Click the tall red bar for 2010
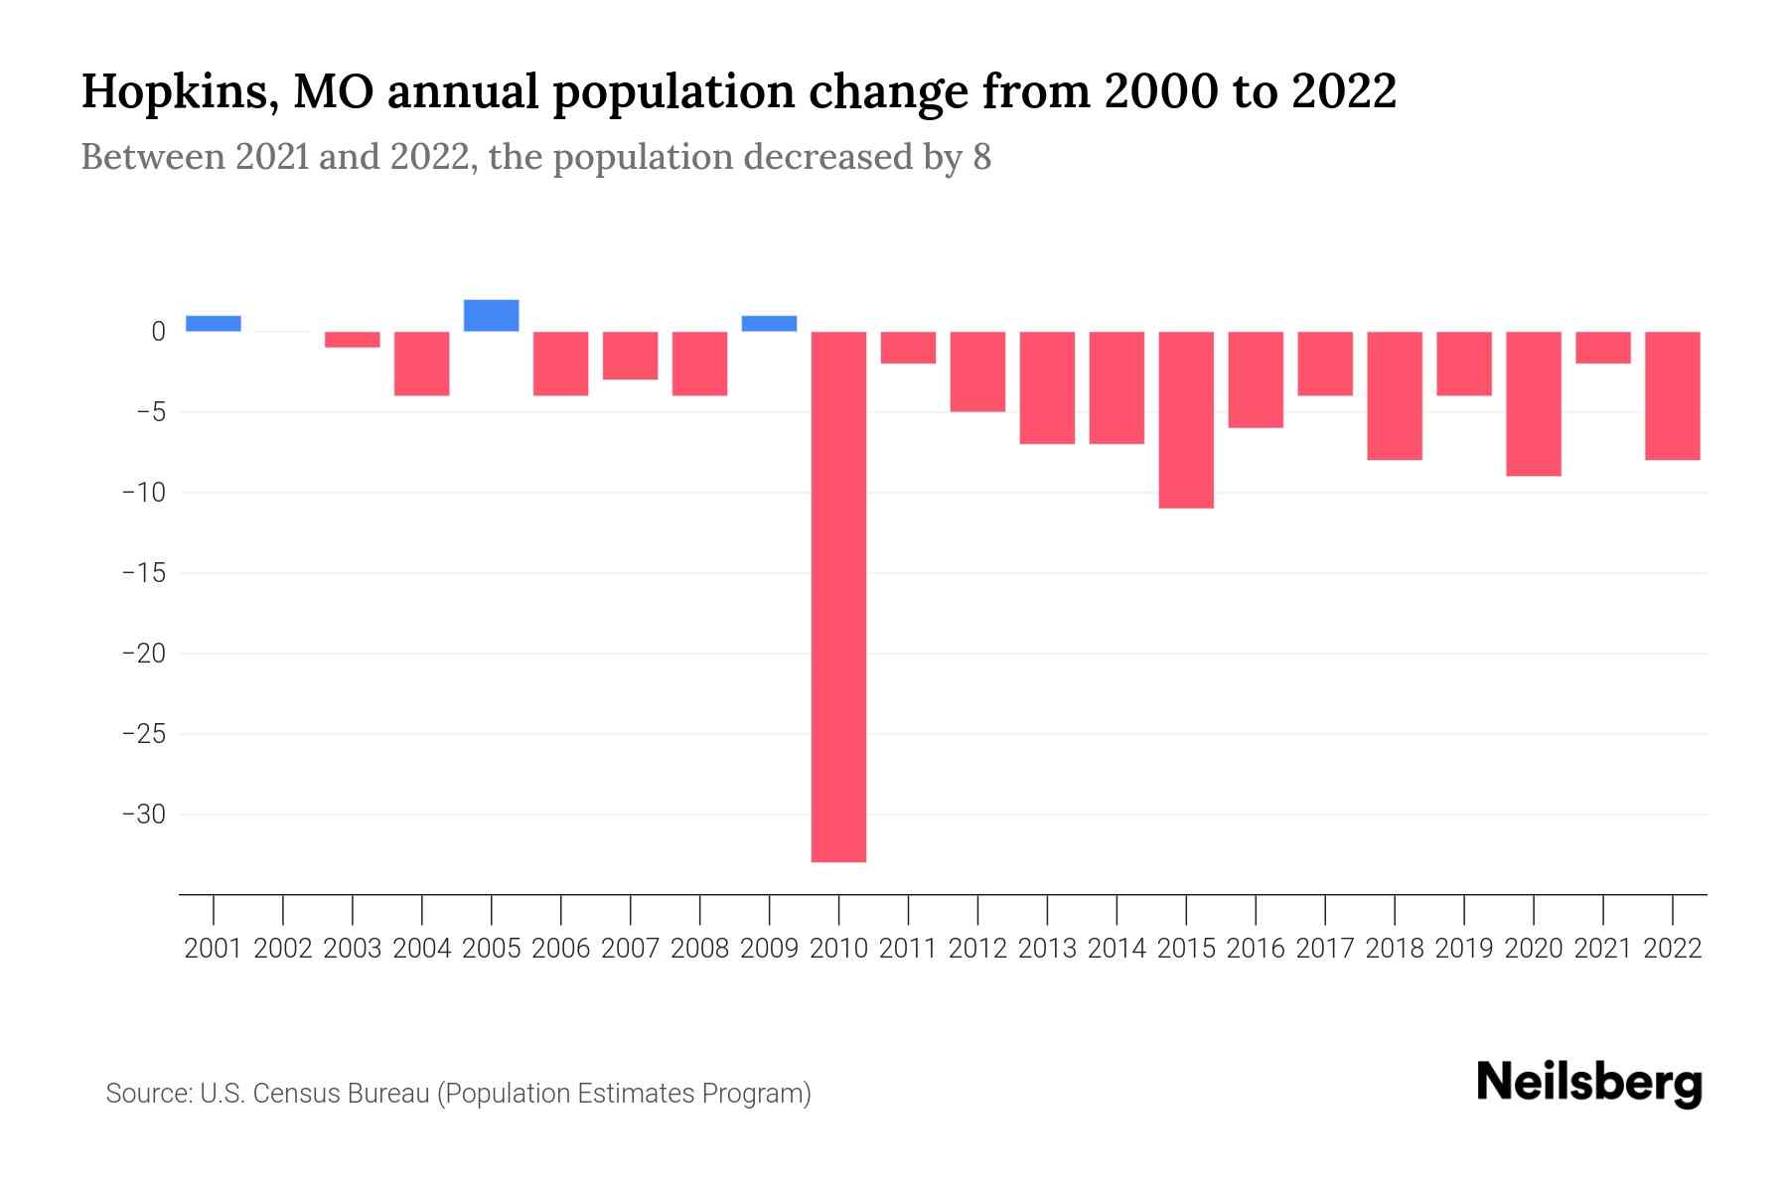coord(838,596)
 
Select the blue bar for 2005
coord(491,316)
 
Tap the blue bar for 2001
coord(214,324)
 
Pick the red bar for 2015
coord(1186,419)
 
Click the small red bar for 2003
coord(353,340)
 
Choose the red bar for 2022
coord(1673,395)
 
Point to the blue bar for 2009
coord(769,324)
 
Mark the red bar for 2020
coord(1534,403)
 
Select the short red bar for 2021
coord(1603,348)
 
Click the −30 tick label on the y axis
coord(144,815)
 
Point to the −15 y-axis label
coord(144,573)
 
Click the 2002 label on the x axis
coord(283,949)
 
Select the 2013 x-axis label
coord(1047,949)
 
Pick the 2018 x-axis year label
coord(1395,949)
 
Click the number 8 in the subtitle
coord(981,158)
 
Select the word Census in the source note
coord(295,1094)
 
